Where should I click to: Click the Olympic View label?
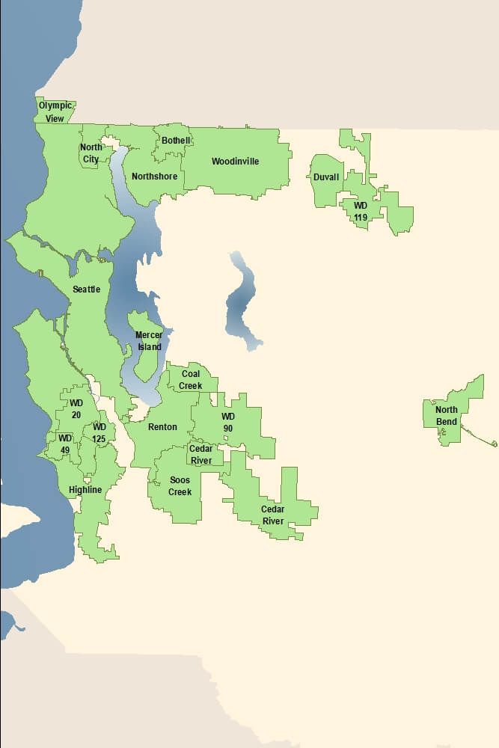click(55, 111)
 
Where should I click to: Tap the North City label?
click(91, 153)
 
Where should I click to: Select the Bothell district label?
click(177, 141)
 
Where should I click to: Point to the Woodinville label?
click(235, 162)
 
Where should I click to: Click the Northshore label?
click(155, 177)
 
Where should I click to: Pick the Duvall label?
click(326, 177)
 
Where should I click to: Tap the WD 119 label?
click(361, 211)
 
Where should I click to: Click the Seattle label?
click(87, 289)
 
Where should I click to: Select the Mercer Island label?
click(149, 341)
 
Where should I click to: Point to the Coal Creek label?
click(191, 380)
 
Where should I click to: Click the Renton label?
click(163, 427)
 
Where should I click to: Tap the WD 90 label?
click(228, 422)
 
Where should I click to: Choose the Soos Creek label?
click(180, 486)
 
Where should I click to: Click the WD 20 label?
click(76, 409)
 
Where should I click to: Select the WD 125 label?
click(100, 433)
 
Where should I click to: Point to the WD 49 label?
click(65, 444)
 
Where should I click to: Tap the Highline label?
click(85, 490)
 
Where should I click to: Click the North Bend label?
click(447, 416)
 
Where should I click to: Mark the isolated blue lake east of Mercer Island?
click(242, 303)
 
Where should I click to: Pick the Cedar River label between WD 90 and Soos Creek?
click(200, 455)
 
